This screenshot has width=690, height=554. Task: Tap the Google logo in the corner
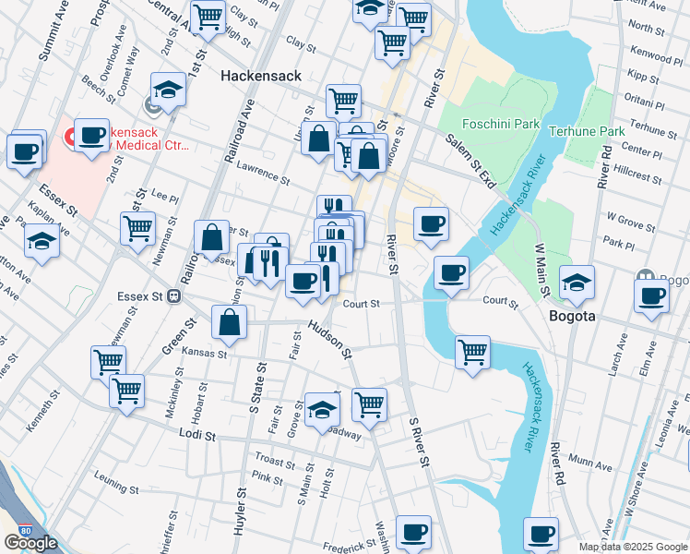(30, 543)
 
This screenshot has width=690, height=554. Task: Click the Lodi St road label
(196, 433)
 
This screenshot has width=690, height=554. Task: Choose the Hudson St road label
(329, 340)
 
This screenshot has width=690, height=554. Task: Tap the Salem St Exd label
(471, 160)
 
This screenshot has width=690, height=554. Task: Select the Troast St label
(274, 460)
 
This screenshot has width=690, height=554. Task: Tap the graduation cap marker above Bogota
(577, 283)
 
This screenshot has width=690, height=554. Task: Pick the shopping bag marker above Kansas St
(230, 322)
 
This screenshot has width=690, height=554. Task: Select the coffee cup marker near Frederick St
(414, 532)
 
